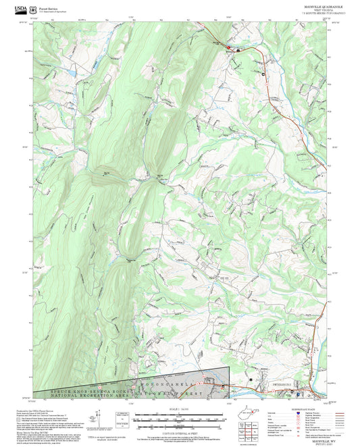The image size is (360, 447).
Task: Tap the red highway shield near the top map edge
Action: click(229, 48)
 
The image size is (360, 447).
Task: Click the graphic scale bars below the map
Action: click(178, 417)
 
